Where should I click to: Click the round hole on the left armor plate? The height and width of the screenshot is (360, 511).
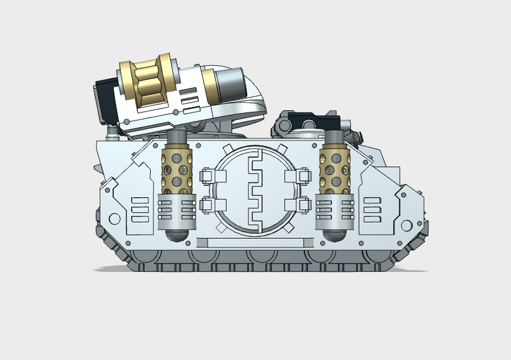pos(115,219)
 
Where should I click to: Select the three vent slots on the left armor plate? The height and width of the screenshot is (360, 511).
pos(138,208)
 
